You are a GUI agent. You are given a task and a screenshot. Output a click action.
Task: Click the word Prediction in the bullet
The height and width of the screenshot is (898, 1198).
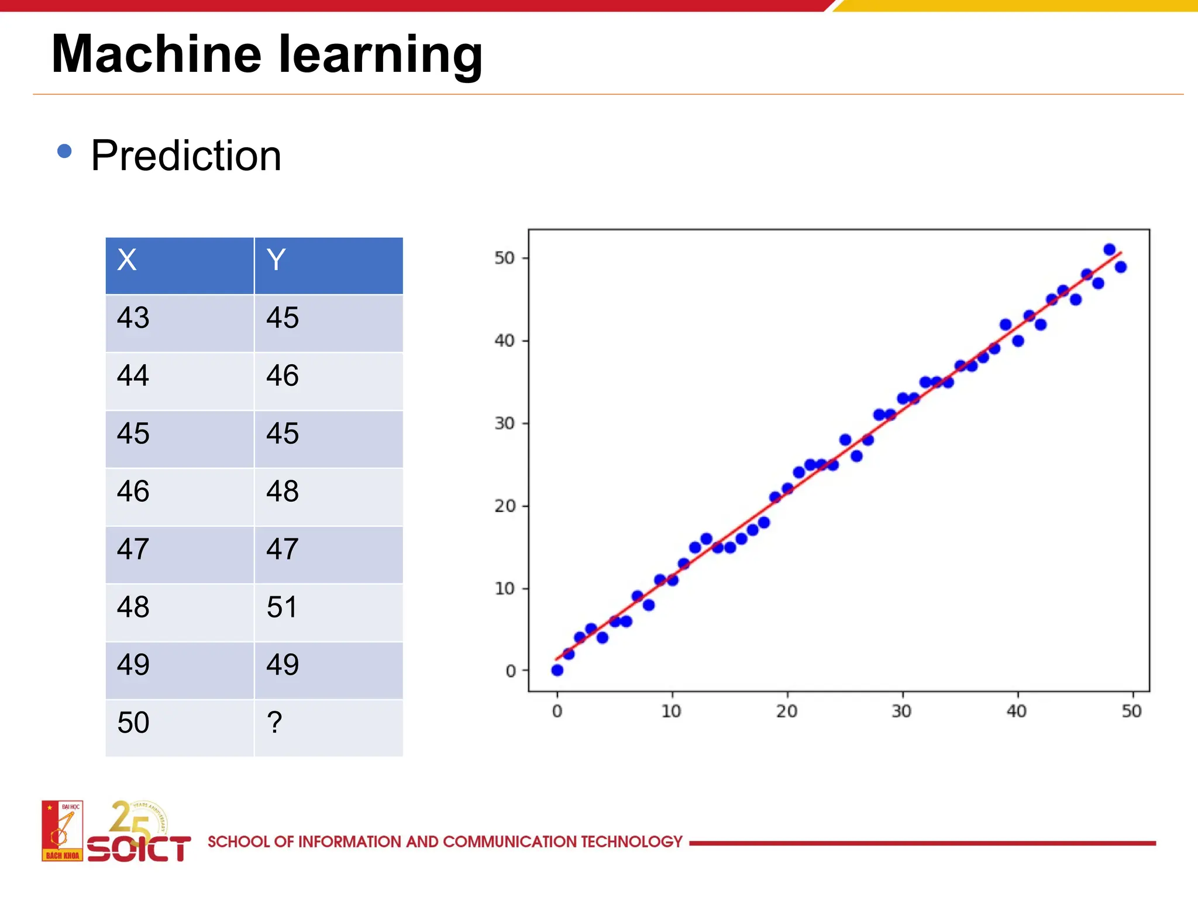click(186, 156)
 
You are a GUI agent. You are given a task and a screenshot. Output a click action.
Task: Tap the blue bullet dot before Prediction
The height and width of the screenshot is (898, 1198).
click(64, 152)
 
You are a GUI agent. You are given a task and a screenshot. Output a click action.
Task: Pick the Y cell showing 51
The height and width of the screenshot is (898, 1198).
click(328, 612)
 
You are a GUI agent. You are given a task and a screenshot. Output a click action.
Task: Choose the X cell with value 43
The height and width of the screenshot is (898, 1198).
click(180, 323)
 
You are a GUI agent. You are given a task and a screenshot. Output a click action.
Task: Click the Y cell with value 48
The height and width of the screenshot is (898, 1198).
click(328, 496)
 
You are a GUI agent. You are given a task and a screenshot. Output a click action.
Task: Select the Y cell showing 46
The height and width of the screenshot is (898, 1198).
click(328, 381)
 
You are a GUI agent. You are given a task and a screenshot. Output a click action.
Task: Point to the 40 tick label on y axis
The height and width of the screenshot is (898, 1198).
click(504, 340)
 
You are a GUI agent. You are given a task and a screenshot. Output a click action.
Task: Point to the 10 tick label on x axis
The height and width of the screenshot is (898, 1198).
click(672, 712)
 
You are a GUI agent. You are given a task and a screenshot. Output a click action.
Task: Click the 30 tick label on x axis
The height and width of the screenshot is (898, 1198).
click(901, 712)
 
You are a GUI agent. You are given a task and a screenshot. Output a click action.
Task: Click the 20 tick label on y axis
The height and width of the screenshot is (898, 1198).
click(504, 506)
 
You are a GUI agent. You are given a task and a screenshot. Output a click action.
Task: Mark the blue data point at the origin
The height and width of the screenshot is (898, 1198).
click(557, 670)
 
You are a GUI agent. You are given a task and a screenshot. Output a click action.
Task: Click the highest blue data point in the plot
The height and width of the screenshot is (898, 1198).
click(1109, 250)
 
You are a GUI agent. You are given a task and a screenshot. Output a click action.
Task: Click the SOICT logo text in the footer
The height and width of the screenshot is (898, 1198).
click(139, 848)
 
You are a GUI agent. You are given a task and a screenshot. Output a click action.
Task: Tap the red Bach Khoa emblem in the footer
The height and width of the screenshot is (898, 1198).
click(62, 830)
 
